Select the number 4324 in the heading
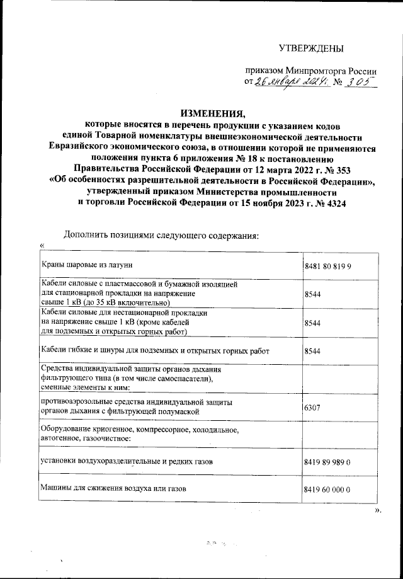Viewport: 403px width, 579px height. tap(331, 203)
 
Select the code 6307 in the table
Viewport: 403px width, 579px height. tap(312, 408)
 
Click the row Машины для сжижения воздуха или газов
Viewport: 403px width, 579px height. tap(113, 488)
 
